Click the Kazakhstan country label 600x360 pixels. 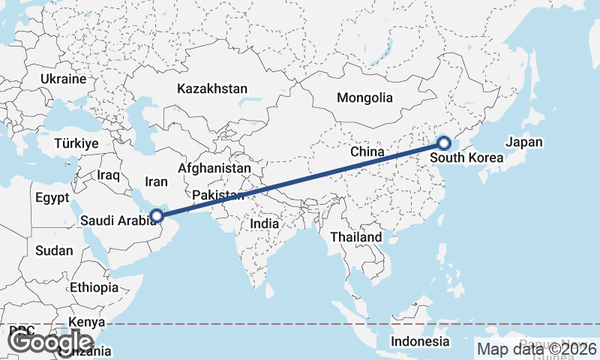click(212, 88)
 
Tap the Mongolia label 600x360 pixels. click(364, 97)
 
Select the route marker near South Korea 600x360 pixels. click(444, 142)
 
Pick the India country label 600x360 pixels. click(264, 223)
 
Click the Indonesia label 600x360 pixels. click(419, 341)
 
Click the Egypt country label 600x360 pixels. click(52, 198)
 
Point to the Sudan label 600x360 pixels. click(54, 250)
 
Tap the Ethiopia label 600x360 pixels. click(94, 287)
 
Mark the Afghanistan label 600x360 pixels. click(214, 169)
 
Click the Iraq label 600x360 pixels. click(109, 175)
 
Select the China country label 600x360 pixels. click(367, 151)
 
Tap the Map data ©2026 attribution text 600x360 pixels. click(536, 349)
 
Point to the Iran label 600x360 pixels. click(156, 181)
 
